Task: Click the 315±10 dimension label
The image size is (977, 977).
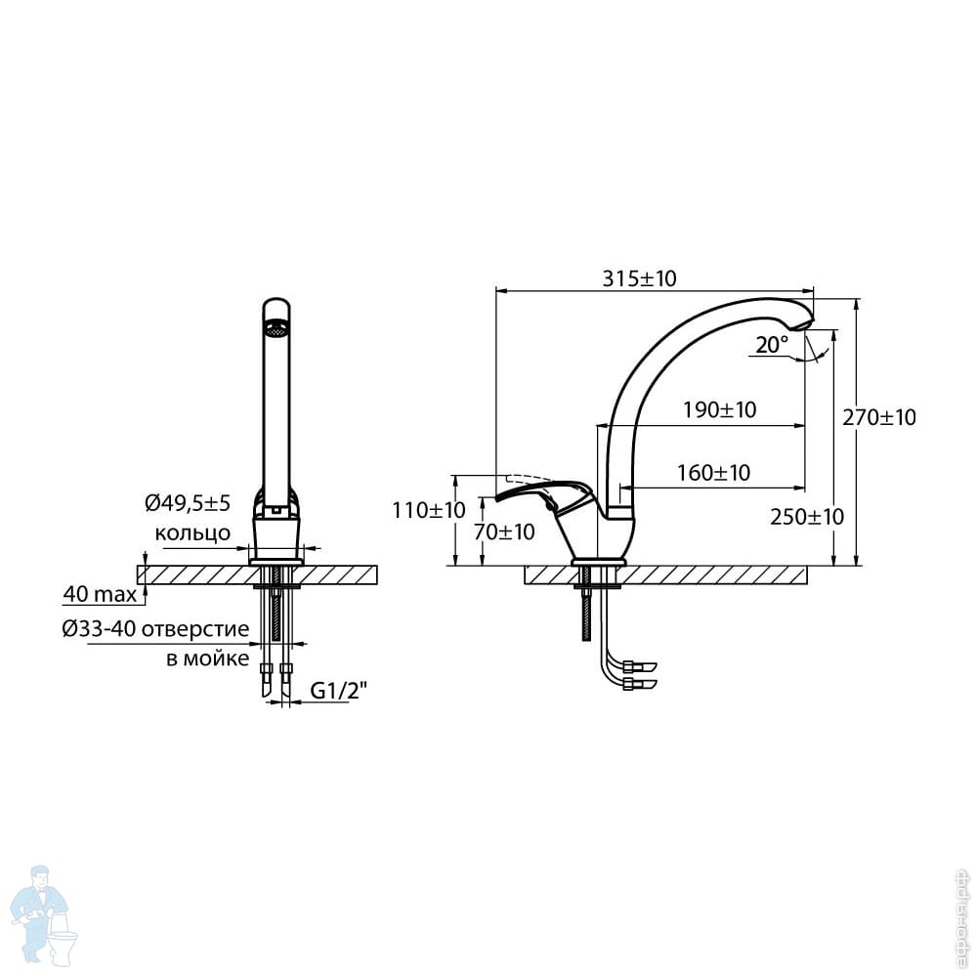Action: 639,278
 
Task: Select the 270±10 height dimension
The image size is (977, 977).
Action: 879,417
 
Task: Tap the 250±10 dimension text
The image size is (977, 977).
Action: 807,517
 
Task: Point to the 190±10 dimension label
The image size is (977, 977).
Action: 720,410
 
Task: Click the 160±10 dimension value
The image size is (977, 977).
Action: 714,473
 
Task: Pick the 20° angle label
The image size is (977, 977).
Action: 772,345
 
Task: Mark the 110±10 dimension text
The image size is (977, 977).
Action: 429,511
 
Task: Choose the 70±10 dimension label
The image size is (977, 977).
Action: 504,532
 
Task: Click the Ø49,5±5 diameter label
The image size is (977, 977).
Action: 188,503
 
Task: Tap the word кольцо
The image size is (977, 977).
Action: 192,533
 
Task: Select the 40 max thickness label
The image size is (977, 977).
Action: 100,594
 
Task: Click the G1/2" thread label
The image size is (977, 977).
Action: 339,691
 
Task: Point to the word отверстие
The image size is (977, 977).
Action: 195,629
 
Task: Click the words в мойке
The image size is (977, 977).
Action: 207,659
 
